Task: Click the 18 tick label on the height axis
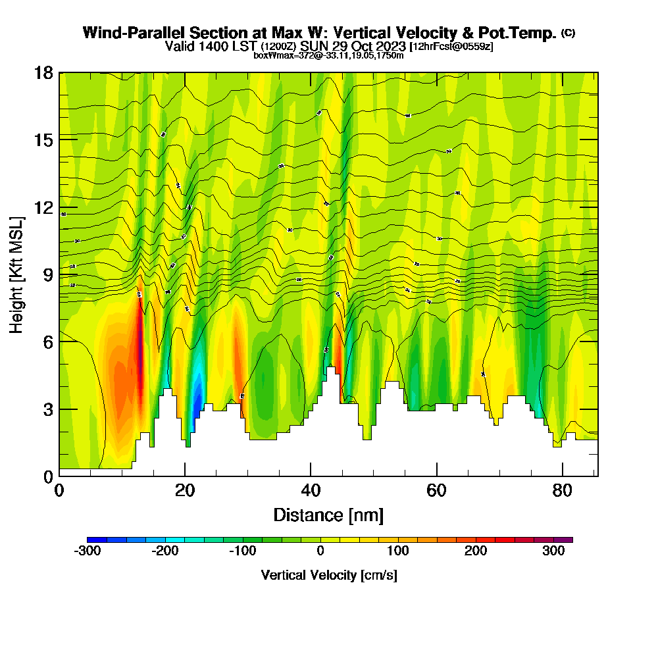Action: pos(44,72)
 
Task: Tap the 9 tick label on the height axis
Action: pos(47,274)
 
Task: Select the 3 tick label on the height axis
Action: pos(47,409)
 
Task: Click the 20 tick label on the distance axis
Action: pos(185,491)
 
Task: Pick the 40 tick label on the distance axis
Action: pos(311,491)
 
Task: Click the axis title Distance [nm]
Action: pos(328,515)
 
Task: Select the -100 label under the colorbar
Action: pos(242,551)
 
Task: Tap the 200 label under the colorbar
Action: pos(476,551)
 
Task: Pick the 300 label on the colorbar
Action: pos(553,551)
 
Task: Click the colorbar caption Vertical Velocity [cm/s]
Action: pos(329,575)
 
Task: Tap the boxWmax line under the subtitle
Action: pos(328,55)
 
